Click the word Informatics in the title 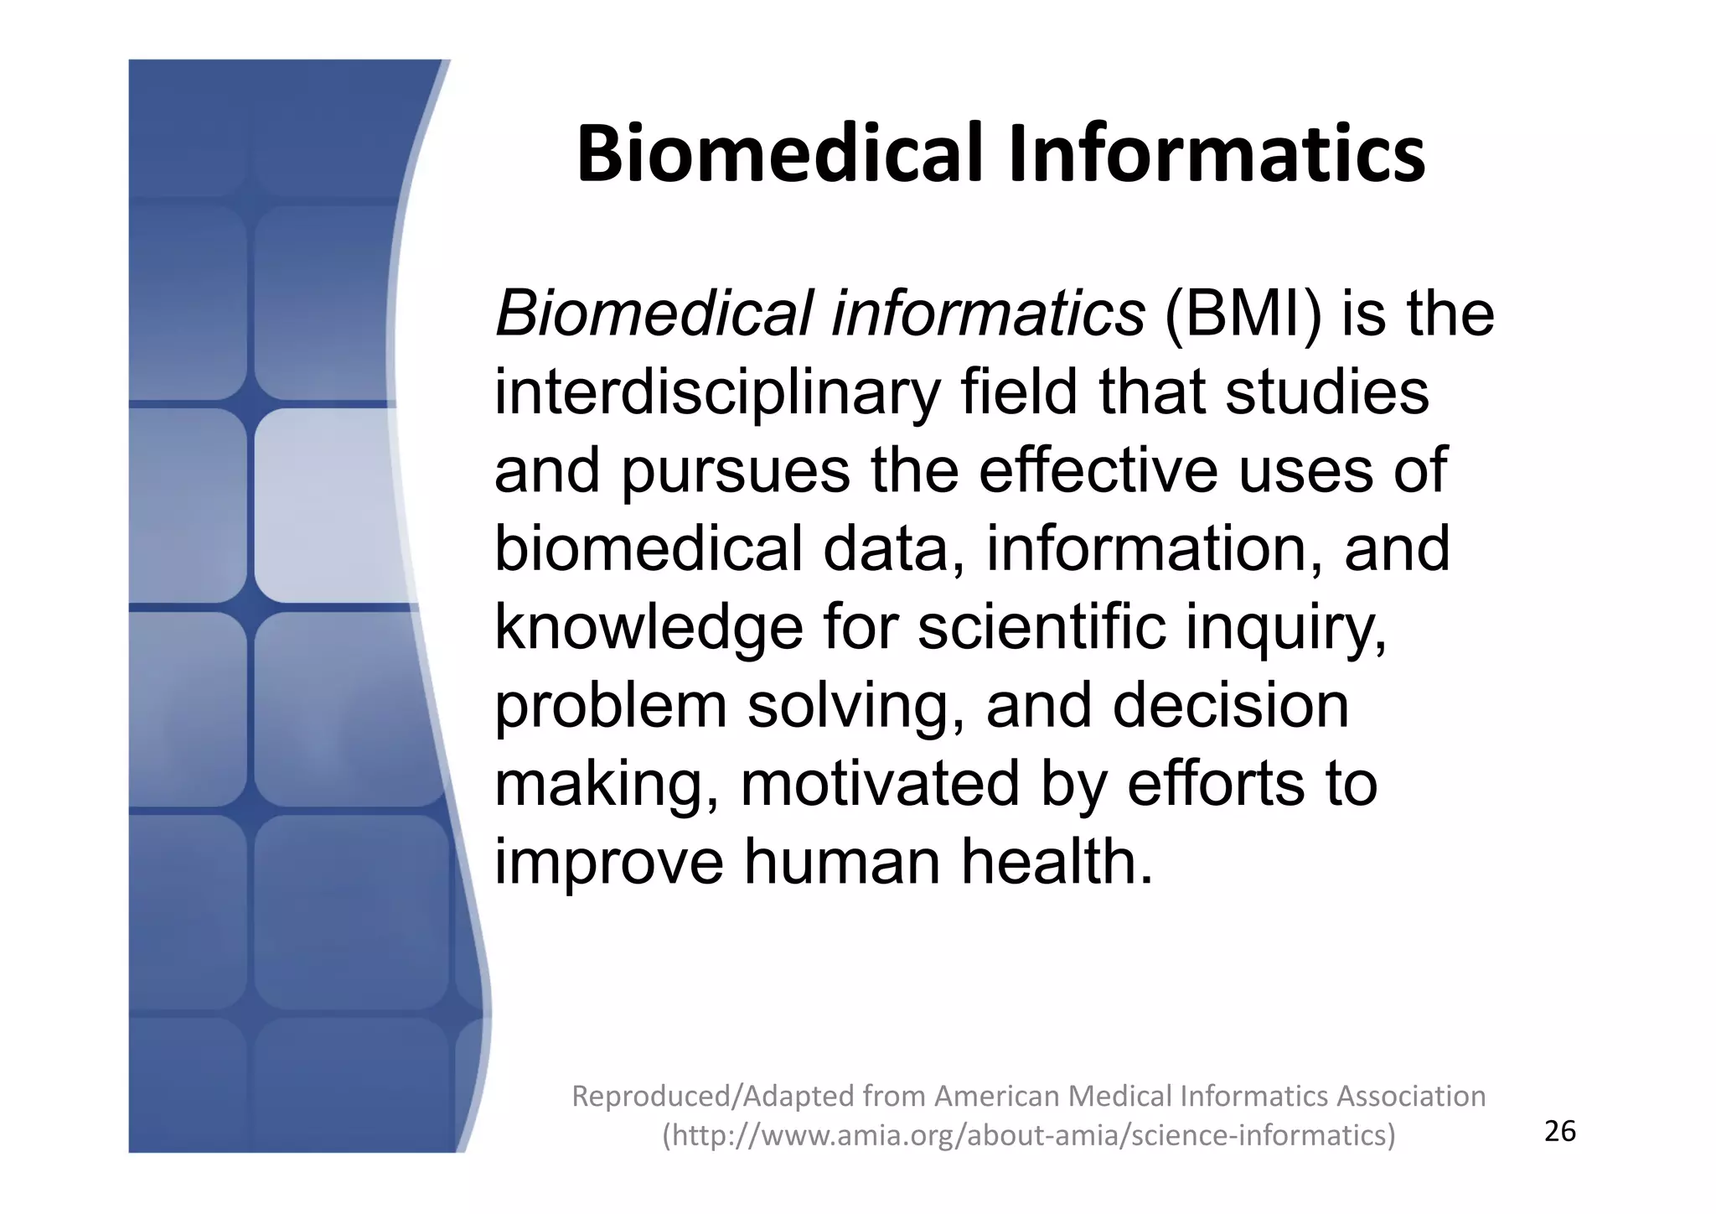pos(1216,154)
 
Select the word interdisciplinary pos(716,392)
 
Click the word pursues pos(735,471)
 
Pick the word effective pos(1098,471)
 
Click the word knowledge pos(649,628)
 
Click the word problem pos(610,706)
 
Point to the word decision pos(1230,706)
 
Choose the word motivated pos(880,784)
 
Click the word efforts pos(1215,784)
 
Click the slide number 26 pos(1559,1132)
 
